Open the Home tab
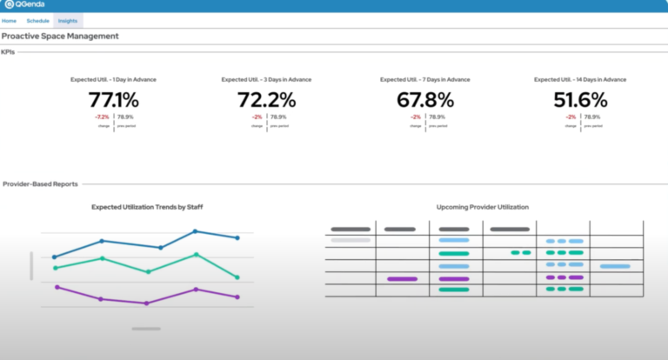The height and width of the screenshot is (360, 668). tap(9, 20)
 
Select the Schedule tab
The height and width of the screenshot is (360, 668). tap(37, 20)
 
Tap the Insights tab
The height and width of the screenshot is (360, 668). tap(68, 20)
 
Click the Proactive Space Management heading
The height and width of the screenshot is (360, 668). tap(60, 36)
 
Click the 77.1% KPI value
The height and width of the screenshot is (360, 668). tap(113, 100)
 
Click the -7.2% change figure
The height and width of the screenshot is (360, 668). tap(102, 117)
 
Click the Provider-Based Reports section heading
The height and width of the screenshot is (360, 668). tap(40, 184)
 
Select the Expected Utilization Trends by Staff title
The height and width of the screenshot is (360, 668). tap(147, 207)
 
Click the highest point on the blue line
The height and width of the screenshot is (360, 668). tap(195, 231)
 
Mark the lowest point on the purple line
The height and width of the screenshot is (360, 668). tap(146, 303)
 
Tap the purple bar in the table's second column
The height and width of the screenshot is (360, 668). tap(401, 279)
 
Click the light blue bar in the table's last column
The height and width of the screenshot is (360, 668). tap(614, 266)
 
